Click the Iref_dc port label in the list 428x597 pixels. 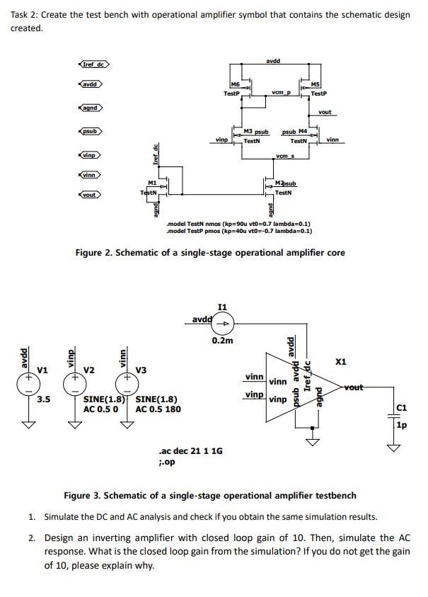pos(93,65)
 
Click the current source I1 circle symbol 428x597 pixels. pos(222,324)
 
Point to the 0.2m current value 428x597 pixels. pos(221,341)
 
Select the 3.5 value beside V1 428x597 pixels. pos(43,399)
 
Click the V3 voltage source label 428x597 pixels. pos(141,370)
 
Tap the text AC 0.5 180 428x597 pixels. pos(158,409)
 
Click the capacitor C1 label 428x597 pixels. pos(402,407)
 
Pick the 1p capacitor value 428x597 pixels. pos(402,426)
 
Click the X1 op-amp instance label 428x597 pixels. pos(341,362)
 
